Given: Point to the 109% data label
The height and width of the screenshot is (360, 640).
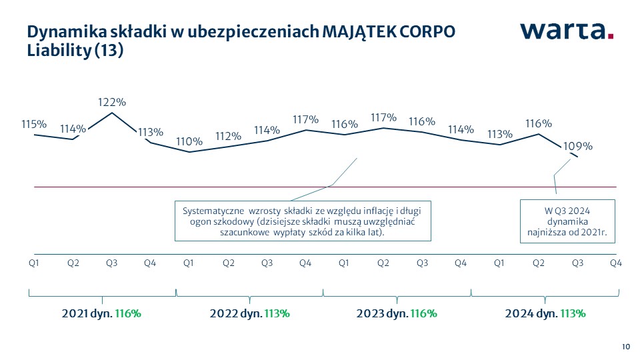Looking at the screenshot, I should tap(579, 146).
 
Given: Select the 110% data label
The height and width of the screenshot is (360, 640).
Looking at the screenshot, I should tap(189, 141).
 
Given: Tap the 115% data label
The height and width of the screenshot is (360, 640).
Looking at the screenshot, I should tap(34, 124).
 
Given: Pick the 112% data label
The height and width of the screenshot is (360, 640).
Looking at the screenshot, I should tap(228, 135).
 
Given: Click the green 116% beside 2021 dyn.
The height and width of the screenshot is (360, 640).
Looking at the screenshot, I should tap(128, 313).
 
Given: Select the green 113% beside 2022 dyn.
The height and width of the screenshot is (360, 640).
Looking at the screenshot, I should tap(277, 313).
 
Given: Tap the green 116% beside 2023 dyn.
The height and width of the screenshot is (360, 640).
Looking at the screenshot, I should tap(423, 313).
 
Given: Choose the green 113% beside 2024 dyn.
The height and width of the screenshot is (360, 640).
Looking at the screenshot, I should tap(573, 313).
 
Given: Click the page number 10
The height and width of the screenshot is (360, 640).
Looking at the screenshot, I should tap(626, 346).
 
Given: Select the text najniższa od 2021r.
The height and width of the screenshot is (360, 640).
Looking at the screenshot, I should tap(569, 233).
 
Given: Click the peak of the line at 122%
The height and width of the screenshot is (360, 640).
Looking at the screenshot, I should tap(112, 113).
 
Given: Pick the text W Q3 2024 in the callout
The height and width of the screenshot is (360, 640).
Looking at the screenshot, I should tap(569, 211).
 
